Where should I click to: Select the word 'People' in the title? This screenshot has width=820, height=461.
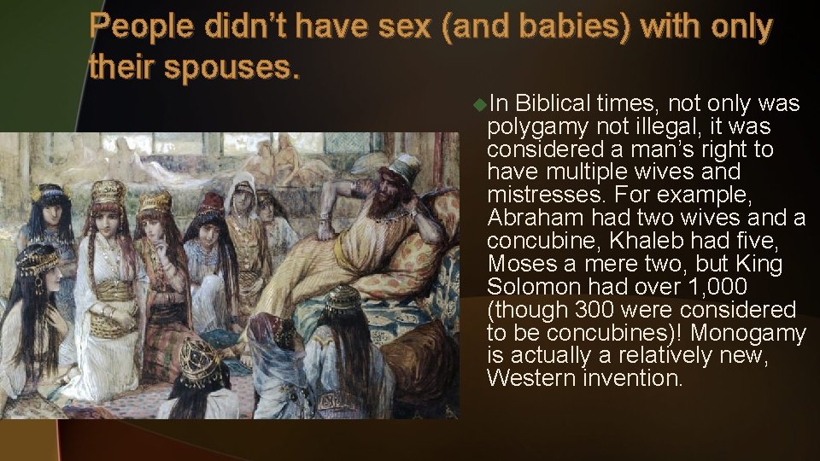coord(143,28)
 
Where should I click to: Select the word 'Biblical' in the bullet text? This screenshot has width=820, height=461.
coord(554,104)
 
